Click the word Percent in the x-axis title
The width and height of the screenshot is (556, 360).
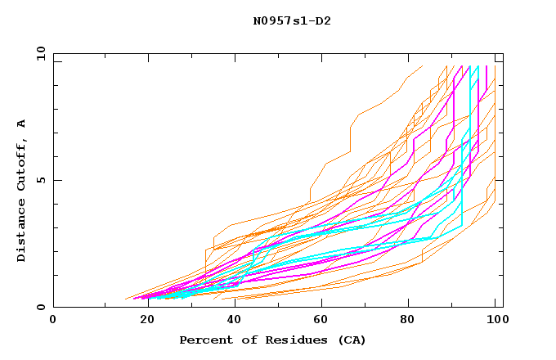pyautogui.click(x=204, y=340)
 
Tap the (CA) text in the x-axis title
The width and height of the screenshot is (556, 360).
pyautogui.click(x=352, y=340)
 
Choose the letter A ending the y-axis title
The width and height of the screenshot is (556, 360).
pyautogui.click(x=22, y=124)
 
